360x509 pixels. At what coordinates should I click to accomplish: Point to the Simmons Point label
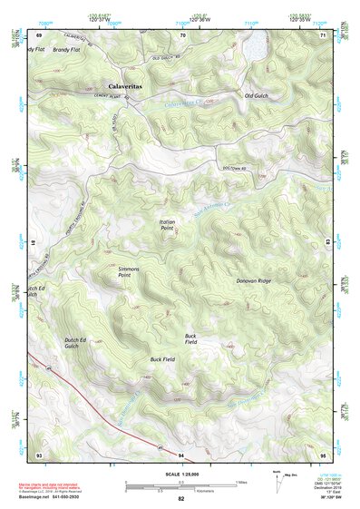[x=131, y=269]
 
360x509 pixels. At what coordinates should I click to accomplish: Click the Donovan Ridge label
[x=253, y=281]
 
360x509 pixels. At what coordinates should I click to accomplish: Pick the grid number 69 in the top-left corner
[x=39, y=34]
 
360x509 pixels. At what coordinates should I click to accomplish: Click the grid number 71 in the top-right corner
[x=323, y=34]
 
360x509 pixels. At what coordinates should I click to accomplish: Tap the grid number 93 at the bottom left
[x=39, y=454]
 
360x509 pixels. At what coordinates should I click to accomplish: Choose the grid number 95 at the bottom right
[x=323, y=454]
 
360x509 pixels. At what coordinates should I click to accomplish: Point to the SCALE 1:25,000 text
[x=181, y=475]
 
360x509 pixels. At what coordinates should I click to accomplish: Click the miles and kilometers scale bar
[x=181, y=485]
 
